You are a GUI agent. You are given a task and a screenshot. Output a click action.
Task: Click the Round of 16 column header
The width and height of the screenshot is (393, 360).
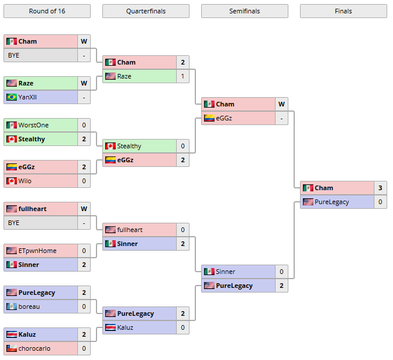pos(47,11)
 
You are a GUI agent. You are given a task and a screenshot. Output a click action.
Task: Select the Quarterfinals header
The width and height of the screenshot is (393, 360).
pos(145,11)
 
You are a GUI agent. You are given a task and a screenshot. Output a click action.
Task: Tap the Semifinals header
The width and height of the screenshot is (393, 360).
pos(244,11)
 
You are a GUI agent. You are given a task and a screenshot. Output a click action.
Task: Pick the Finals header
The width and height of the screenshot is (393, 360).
pos(343,11)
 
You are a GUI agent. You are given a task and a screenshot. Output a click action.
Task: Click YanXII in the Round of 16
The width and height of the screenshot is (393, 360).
pos(28,97)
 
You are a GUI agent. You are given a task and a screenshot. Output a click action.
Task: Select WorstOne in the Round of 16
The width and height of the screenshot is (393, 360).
pos(33,125)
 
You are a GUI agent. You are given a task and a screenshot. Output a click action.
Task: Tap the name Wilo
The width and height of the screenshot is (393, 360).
pos(25,181)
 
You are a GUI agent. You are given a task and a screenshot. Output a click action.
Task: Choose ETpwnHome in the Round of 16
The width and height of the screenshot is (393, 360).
pos(37,251)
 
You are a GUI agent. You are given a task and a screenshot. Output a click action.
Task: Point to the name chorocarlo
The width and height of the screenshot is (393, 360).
pos(34,348)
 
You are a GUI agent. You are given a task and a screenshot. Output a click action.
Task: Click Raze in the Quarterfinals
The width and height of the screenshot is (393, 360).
pos(124,76)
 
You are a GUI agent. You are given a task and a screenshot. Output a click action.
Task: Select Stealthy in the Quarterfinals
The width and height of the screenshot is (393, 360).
pos(129,146)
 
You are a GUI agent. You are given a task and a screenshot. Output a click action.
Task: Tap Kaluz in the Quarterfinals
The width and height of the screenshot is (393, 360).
pos(125,327)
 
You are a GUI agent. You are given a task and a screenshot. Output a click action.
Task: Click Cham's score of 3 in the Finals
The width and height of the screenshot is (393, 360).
pos(380,188)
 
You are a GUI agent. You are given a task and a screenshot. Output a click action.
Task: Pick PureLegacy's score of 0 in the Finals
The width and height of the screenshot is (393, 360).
pos(380,202)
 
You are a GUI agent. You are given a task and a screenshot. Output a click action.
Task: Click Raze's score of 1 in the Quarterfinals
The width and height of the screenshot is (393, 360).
pos(183,76)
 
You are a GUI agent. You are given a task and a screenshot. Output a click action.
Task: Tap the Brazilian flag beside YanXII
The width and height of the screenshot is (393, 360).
pos(11,97)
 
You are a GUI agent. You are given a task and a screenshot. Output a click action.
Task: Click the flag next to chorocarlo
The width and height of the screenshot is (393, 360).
pos(11,348)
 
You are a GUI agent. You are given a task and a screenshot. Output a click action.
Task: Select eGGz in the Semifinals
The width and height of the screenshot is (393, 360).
pos(224,118)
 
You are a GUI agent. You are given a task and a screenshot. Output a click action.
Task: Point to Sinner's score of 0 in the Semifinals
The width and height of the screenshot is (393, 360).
pos(281,272)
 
